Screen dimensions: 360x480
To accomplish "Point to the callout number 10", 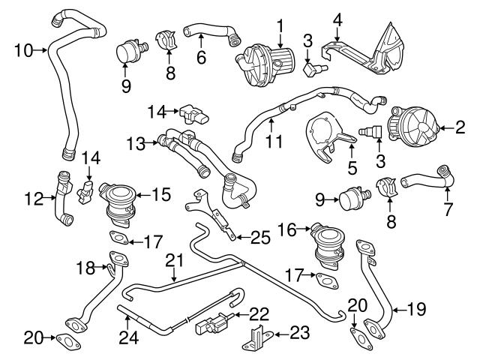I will click(x=22, y=50).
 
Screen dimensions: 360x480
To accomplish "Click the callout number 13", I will click(x=135, y=142).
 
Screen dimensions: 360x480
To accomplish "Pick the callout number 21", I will click(x=174, y=260).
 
